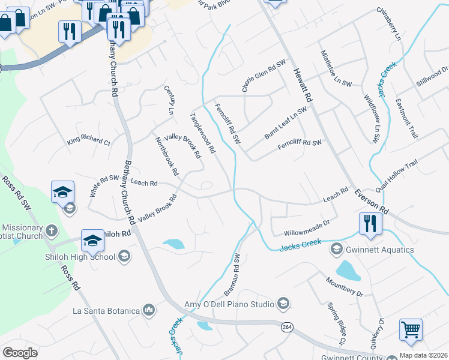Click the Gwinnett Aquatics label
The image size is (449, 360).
[379, 250]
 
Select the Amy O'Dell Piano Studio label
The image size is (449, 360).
[229, 304]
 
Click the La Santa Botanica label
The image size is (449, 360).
[106, 311]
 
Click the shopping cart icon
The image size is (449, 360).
[411, 329]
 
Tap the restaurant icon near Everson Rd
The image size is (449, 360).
[370, 224]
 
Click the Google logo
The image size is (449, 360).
[20, 352]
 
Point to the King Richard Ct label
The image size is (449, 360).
[89, 142]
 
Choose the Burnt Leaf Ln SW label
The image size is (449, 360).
[285, 124]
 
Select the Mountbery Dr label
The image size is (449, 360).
[345, 287]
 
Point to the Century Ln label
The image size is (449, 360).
[169, 100]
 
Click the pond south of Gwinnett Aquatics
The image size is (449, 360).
[348, 271]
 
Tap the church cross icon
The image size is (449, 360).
[52, 230]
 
